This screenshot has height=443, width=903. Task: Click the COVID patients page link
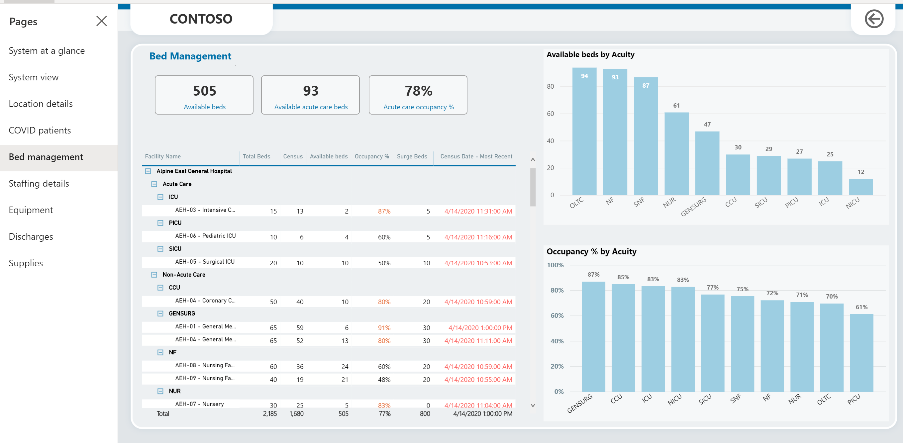(40, 131)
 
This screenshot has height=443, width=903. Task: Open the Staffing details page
(39, 183)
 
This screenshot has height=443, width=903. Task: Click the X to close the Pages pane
(102, 21)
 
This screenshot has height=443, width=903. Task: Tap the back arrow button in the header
(873, 19)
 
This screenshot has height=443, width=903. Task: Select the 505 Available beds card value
(204, 91)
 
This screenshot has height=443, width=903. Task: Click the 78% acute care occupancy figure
(418, 91)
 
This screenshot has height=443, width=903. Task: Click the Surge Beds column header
(412, 156)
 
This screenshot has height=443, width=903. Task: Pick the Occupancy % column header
(371, 156)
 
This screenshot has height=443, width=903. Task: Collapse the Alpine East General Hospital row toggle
(148, 171)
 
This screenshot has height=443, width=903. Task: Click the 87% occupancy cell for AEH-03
(384, 211)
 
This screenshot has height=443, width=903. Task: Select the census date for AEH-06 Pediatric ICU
(478, 237)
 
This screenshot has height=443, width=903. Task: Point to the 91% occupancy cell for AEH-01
(384, 328)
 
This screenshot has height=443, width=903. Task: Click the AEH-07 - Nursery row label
(199, 404)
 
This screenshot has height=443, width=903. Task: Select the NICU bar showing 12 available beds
(860, 187)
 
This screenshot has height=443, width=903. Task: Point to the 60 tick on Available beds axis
(551, 114)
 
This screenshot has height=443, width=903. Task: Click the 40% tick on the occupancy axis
(557, 341)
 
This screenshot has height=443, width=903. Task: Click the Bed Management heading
(190, 56)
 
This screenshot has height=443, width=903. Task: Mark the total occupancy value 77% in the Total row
(384, 413)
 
